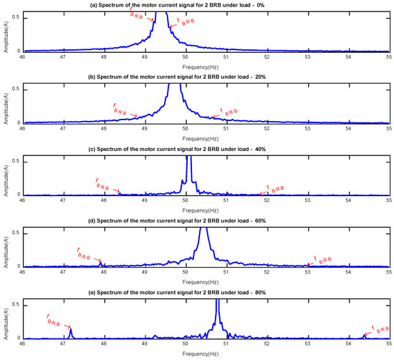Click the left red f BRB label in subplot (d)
pos(85,253)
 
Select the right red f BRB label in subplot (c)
pos(277,188)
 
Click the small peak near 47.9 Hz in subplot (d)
pos(101,263)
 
